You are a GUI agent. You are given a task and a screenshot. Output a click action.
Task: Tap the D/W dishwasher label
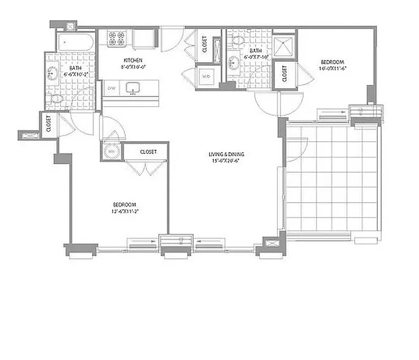point(111,88)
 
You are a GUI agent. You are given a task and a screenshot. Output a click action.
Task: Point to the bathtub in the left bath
point(75,42)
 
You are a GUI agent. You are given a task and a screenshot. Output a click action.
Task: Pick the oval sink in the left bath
point(52,72)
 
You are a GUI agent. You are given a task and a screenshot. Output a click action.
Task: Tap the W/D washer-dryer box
point(207,76)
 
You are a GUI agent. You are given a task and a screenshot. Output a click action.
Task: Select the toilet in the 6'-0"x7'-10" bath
point(238,40)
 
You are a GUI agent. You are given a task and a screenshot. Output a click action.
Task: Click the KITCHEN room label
point(133,60)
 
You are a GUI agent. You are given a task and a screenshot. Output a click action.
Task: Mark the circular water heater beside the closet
point(111,152)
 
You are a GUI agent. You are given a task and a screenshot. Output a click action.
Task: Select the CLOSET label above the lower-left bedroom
point(148,152)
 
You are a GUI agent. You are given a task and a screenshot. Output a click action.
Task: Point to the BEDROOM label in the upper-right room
point(332,62)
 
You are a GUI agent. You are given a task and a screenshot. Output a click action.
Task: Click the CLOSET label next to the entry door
point(205,44)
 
